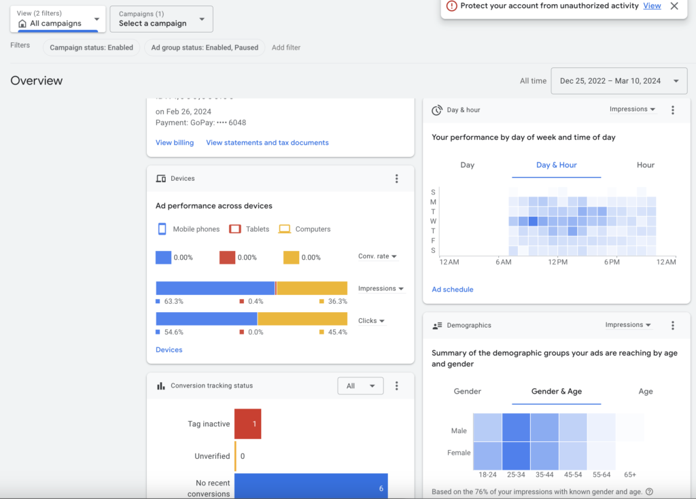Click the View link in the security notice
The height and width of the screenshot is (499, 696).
[x=652, y=6]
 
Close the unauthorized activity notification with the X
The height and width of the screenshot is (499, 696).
[x=674, y=6]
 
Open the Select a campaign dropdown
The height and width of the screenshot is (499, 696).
[x=161, y=19]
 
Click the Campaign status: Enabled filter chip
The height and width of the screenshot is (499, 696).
[x=92, y=48]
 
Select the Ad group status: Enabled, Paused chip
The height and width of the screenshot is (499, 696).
[x=205, y=48]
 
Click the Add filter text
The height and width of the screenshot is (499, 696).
[x=286, y=48]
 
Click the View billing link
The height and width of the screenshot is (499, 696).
[x=175, y=143]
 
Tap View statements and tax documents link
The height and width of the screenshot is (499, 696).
[x=267, y=143]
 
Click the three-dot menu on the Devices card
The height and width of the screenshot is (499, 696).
[x=397, y=179]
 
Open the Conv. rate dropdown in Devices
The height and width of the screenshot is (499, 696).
[x=377, y=256]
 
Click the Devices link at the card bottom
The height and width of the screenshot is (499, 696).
[x=169, y=350]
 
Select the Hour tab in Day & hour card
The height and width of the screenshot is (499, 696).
[x=645, y=165]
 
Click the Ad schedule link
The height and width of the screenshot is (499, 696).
[x=452, y=290]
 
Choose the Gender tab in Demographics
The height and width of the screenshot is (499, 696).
[x=467, y=392]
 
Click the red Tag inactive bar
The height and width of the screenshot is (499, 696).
[x=247, y=424]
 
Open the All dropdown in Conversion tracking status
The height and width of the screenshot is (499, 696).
[x=360, y=386]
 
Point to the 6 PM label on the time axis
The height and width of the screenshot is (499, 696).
[x=611, y=262]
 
